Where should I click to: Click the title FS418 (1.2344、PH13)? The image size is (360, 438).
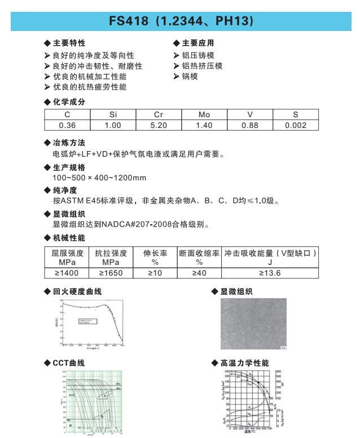click(181, 21)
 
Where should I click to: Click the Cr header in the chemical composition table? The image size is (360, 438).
click(159, 114)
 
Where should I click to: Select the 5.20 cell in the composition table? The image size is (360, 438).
click(159, 125)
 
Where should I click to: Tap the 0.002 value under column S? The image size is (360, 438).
click(296, 125)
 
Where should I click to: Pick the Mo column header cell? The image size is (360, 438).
click(204, 114)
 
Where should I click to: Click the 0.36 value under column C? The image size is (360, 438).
click(67, 125)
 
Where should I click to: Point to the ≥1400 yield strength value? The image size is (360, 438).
click(67, 273)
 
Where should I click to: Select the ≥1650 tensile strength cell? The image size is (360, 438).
click(111, 273)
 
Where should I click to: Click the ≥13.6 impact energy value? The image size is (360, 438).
click(270, 273)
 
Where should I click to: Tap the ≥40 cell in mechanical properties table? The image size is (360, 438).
click(199, 273)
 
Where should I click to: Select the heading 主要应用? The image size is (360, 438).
click(197, 43)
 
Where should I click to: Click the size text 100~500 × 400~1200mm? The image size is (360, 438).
click(99, 178)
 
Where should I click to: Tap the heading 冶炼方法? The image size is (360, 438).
click(69, 142)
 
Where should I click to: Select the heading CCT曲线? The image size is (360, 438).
click(68, 363)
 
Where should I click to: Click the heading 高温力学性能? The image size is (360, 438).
click(244, 363)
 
